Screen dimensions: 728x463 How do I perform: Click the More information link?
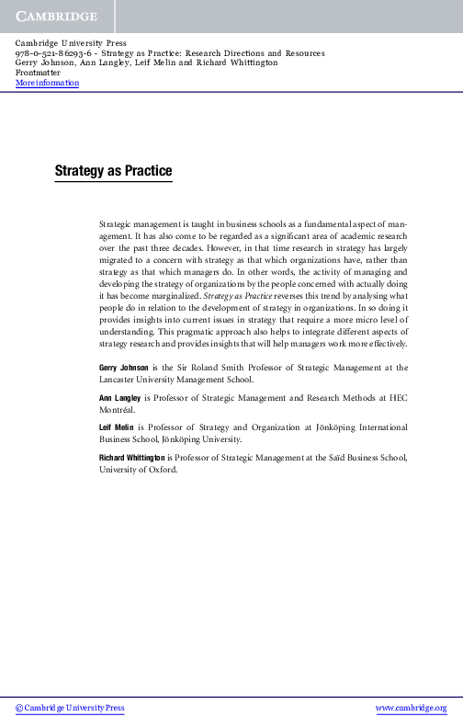[48, 84]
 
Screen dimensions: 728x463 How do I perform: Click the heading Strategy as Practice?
[113, 171]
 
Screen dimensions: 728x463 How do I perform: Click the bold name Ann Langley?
[120, 397]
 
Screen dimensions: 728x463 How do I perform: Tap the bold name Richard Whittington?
[132, 457]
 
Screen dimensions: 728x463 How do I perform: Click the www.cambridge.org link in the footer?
[411, 708]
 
